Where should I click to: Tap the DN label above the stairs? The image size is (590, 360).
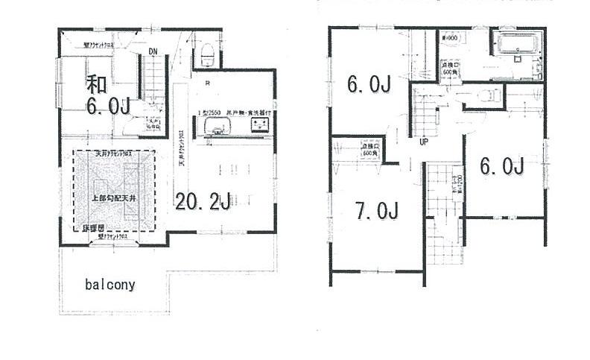pyautogui.click(x=152, y=51)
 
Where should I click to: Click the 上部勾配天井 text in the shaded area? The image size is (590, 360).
pyautogui.click(x=113, y=199)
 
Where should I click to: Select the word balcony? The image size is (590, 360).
pyautogui.click(x=110, y=285)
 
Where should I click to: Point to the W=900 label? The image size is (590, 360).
pyautogui.click(x=453, y=38)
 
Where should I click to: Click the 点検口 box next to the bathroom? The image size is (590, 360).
pyautogui.click(x=451, y=67)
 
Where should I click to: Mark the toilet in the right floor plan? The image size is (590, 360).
pyautogui.click(x=487, y=95)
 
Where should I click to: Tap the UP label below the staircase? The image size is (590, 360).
pyautogui.click(x=422, y=142)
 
